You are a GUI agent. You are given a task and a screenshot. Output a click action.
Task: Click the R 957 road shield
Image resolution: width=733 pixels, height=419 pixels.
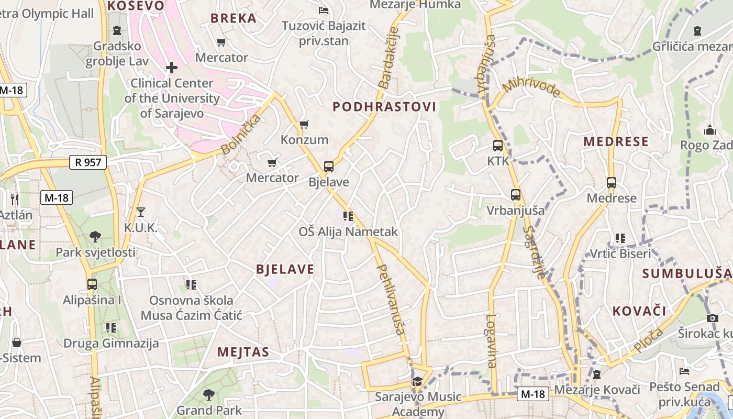[88, 162]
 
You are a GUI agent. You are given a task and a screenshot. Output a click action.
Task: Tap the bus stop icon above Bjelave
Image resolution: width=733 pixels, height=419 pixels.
[328, 167]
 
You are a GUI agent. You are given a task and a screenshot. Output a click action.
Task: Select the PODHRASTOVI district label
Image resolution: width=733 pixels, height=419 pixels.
[384, 107]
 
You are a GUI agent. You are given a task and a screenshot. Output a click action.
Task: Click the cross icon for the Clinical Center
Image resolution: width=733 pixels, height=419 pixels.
[171, 68]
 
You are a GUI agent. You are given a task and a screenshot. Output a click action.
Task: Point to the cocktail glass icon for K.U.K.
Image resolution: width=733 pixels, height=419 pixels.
[140, 212]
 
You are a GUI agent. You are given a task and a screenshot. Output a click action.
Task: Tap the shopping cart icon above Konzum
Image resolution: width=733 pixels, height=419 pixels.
[304, 125]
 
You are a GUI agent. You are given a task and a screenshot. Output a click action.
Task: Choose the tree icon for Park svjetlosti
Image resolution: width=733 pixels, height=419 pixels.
[95, 237]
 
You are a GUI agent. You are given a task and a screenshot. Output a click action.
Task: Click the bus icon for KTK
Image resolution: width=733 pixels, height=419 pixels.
[497, 146]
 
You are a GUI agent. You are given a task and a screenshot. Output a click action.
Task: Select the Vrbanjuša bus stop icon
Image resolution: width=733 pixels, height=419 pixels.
[515, 195]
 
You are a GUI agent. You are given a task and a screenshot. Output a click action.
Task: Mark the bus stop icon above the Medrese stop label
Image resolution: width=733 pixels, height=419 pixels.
[611, 183]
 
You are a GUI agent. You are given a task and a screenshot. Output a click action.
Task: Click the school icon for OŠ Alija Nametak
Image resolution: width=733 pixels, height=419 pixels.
[348, 216]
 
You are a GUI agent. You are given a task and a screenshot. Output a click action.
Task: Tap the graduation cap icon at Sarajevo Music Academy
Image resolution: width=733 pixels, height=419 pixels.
[417, 381]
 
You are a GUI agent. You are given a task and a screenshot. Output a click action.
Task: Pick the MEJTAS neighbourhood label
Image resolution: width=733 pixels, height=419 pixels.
[243, 352]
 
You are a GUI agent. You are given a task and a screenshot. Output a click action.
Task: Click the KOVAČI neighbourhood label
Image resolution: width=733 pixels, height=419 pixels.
[639, 311]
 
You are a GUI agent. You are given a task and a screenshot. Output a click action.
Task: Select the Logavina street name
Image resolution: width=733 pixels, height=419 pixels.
[491, 340]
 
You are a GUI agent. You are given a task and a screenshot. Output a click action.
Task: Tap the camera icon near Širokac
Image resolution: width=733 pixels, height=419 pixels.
[712, 318]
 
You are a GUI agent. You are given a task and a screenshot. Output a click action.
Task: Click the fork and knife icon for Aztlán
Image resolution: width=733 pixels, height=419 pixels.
[15, 199]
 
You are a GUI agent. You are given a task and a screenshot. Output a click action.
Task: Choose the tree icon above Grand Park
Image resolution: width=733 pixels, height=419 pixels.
[208, 394]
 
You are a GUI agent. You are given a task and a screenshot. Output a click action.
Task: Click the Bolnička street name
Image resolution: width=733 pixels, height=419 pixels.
[241, 135]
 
